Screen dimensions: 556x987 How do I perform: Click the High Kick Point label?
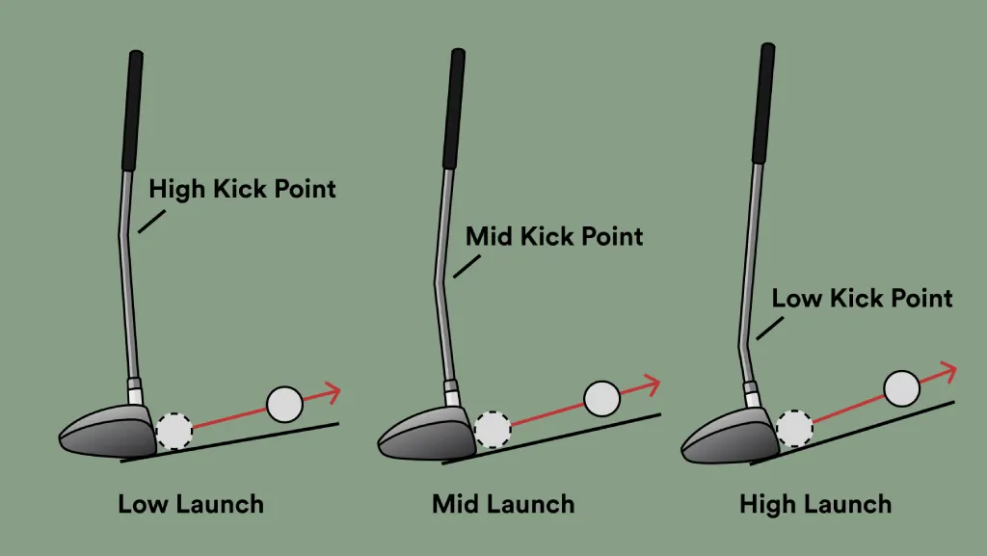point(242,188)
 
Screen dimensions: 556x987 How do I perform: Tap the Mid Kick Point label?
point(554,236)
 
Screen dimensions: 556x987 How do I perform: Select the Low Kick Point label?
point(862,298)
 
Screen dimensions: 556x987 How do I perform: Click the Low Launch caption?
point(191,503)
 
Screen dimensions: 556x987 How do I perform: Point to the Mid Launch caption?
point(503,503)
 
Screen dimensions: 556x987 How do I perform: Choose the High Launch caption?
point(815,503)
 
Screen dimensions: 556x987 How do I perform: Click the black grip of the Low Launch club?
point(132,111)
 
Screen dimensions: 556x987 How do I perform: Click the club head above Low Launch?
point(108,431)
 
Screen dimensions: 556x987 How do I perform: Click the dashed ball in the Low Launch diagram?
point(174,430)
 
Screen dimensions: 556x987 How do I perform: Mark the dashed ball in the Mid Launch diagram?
point(493,429)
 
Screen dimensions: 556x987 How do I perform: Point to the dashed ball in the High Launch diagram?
point(794,427)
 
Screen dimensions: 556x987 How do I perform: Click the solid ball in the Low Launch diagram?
point(284,405)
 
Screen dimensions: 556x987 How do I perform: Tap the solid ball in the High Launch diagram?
point(901,387)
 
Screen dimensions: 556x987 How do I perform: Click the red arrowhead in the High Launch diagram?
point(948,370)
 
